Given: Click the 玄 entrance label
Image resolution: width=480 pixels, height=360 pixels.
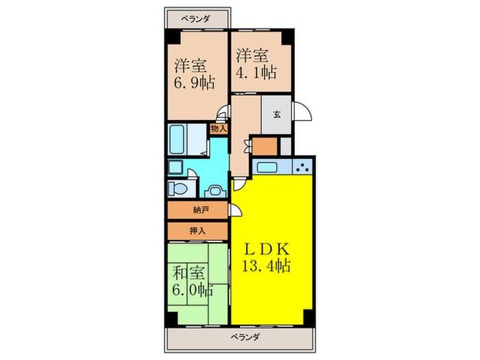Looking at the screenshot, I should click(x=277, y=115).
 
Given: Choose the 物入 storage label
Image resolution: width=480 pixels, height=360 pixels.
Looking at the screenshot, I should click(x=219, y=128).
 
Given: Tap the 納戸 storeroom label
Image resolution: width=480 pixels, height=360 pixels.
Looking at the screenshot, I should click(x=197, y=211).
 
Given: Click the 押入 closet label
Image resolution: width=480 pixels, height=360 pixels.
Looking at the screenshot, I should click(x=197, y=231).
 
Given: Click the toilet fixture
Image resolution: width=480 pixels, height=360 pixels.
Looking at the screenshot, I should click(x=178, y=189).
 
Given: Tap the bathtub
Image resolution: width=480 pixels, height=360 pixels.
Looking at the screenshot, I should click(x=178, y=141).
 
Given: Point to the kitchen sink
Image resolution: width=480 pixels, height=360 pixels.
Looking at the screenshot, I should click(x=265, y=166).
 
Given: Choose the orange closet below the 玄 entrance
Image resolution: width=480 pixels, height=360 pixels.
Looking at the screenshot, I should click(x=265, y=146).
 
